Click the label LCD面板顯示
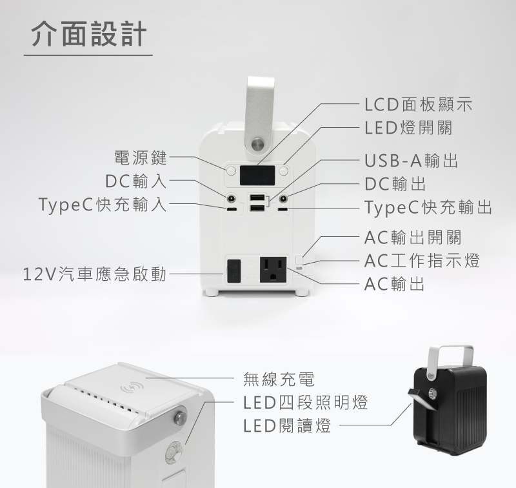[418, 104]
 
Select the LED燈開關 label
[408, 127]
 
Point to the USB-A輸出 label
[411, 161]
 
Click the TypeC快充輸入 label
[103, 206]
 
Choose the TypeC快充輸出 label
[428, 207]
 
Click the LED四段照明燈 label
[306, 403]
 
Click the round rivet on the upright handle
[259, 141]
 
